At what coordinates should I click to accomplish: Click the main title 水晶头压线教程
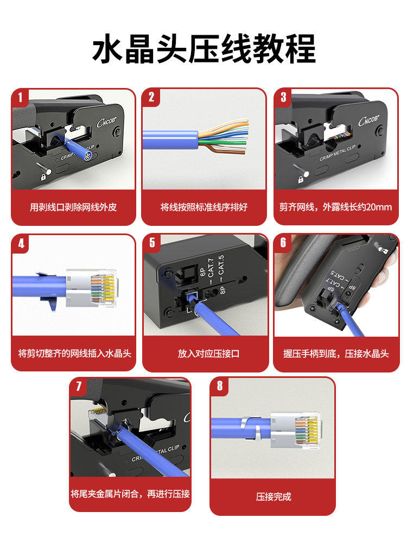tap(203, 50)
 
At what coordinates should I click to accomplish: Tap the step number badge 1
tap(20, 98)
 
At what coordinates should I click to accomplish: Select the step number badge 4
tap(21, 243)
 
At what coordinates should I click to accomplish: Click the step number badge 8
tap(220, 386)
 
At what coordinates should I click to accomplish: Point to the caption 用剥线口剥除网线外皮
tap(73, 207)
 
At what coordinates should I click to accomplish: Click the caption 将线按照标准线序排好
tap(203, 207)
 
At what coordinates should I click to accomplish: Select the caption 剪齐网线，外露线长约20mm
tap(335, 207)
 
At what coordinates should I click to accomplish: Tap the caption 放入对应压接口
tap(208, 353)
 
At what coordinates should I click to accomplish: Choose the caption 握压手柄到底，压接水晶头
tap(336, 353)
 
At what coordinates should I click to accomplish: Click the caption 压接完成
tap(274, 496)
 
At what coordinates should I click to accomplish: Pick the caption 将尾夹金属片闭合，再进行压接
tap(130, 494)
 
